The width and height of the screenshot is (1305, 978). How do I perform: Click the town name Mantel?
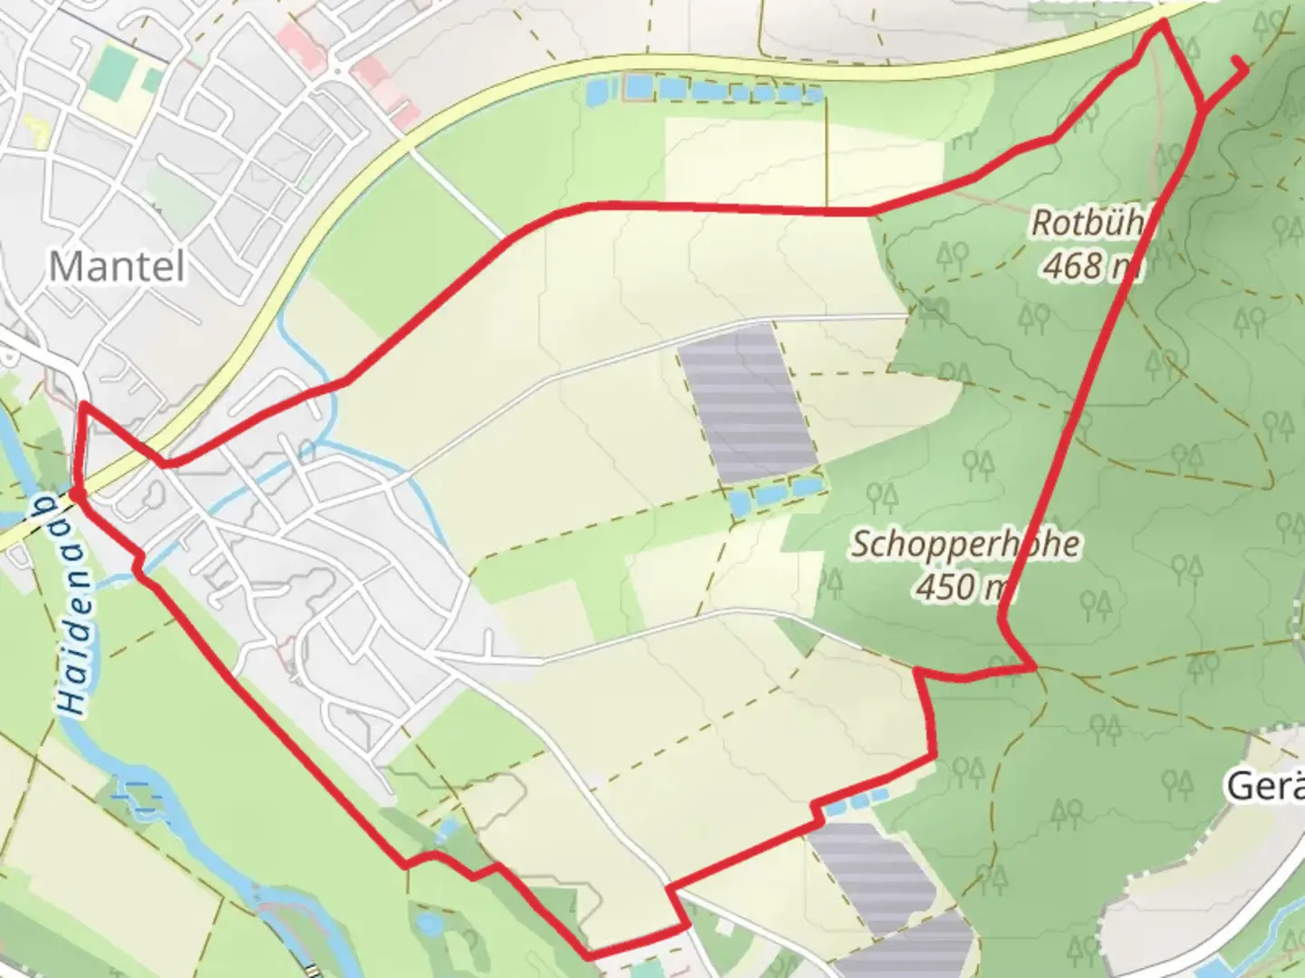[x=117, y=266]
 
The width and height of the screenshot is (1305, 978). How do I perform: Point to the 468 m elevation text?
[x=1091, y=265]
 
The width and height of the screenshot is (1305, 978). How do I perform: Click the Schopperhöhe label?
[x=965, y=544]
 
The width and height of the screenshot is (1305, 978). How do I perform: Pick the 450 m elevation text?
[x=962, y=587]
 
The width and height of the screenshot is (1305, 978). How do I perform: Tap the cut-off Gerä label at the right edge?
[x=1265, y=786]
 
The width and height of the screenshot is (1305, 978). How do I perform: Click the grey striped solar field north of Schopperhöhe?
[x=748, y=404]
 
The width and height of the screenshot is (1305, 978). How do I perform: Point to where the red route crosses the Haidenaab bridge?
[x=75, y=494]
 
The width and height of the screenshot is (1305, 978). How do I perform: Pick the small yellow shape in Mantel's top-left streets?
[x=37, y=131]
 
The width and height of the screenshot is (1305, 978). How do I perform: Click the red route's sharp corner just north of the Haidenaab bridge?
[x=83, y=407]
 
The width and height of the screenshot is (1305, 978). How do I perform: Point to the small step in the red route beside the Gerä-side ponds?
[x=820, y=810]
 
